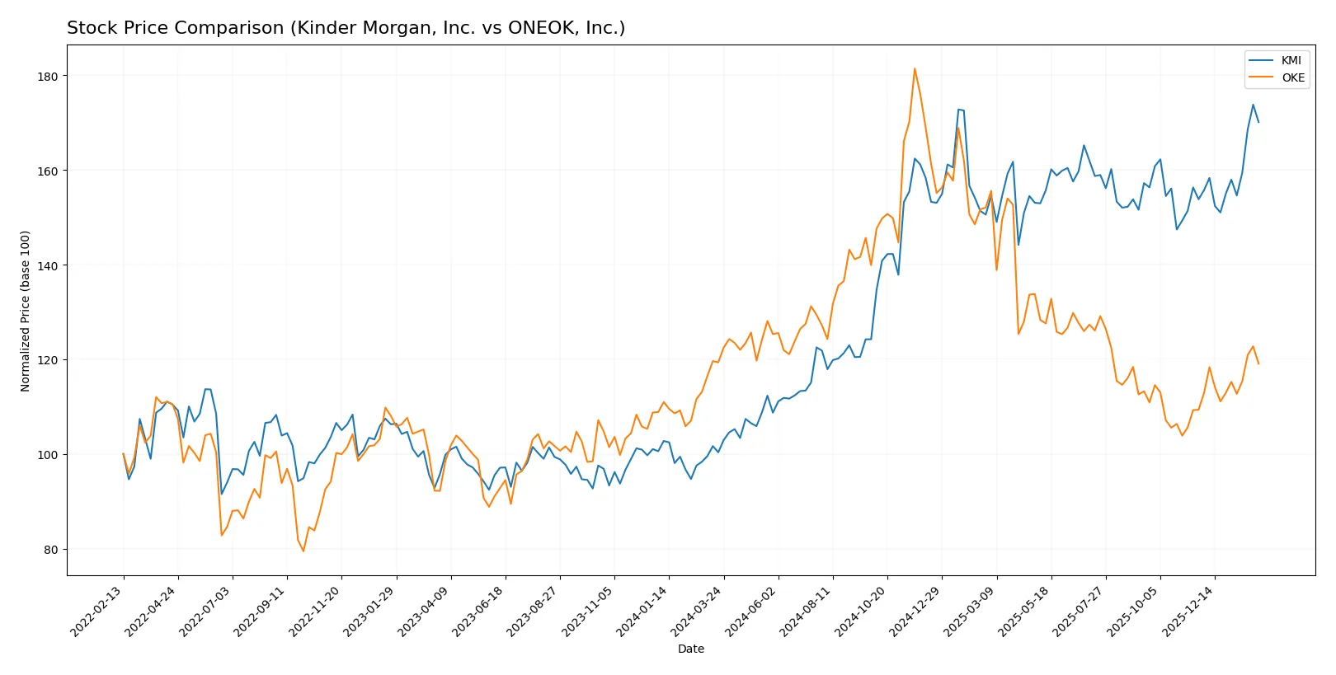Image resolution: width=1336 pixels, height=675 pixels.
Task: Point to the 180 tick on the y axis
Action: tap(48, 76)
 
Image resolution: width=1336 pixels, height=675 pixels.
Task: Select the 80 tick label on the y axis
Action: tap(50, 550)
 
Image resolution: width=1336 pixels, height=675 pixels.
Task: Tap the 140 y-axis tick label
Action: tap(48, 265)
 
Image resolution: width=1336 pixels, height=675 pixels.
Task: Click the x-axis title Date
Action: tap(690, 649)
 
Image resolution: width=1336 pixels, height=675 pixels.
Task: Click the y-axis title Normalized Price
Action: tap(26, 311)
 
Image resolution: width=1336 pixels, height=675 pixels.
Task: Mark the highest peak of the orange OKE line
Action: tap(915, 68)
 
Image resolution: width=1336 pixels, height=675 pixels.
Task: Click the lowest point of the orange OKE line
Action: tap(303, 551)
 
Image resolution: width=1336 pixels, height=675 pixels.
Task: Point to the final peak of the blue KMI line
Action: tap(1253, 105)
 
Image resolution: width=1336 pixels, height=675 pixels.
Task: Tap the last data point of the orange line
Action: tap(1258, 363)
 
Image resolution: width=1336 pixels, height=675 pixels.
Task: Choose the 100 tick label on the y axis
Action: tap(48, 455)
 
